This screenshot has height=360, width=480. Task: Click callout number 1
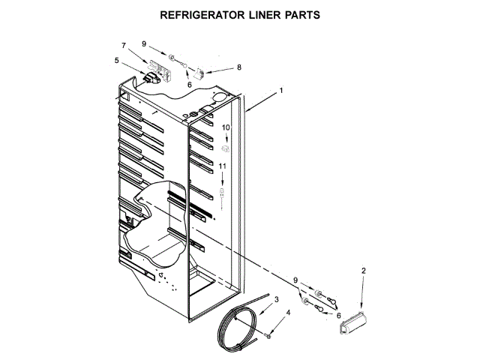click(280, 91)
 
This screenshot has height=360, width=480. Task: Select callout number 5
click(116, 60)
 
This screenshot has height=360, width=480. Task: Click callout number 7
click(124, 46)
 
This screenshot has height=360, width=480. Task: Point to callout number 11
click(222, 166)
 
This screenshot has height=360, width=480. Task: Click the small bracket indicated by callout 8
click(199, 73)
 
